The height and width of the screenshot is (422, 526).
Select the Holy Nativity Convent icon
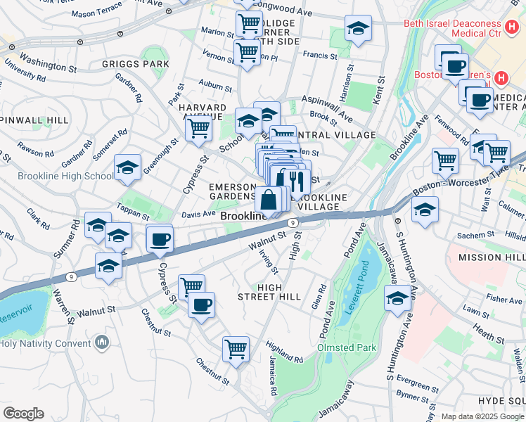(102, 343)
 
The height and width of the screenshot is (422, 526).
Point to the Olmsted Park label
(346, 347)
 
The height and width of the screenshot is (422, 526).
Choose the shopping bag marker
(269, 200)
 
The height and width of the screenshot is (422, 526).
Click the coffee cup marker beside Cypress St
(160, 240)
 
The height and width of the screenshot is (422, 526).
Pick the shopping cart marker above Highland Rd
(236, 348)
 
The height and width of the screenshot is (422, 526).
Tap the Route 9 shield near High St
(294, 222)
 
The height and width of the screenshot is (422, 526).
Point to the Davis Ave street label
(199, 213)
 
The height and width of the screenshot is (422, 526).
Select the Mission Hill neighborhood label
(492, 258)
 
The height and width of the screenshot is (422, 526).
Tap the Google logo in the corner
(23, 414)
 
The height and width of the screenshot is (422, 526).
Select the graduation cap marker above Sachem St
(425, 210)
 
